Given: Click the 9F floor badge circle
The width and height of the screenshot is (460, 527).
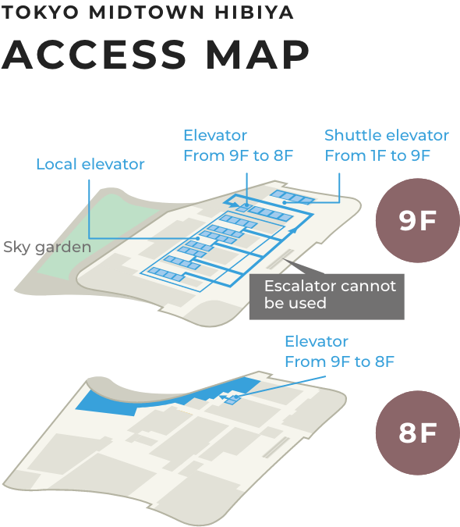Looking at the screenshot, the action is tap(418, 220).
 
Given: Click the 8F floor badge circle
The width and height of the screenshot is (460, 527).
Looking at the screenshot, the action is tap(418, 433).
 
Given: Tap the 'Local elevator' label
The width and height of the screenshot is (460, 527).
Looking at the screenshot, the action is tap(90, 165).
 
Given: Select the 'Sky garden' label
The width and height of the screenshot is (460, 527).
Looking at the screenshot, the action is tap(48, 247).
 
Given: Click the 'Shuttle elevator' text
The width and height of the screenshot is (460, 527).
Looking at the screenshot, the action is tap(387, 135).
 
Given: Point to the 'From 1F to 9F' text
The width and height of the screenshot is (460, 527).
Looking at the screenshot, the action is tap(377, 155).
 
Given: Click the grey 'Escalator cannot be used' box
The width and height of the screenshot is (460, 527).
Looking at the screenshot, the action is tap(327, 297).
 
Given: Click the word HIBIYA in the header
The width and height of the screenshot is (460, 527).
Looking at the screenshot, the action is tap(254, 12).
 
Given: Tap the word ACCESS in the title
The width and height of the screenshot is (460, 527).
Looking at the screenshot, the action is tap(94, 55).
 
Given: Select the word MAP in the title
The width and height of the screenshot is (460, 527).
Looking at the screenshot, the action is tap(257, 55).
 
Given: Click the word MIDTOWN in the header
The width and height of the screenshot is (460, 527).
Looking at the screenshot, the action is tap(147, 12).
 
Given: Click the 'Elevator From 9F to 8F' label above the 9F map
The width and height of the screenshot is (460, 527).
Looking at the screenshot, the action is tap(239, 145).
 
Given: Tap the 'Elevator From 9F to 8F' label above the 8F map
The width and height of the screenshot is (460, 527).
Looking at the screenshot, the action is tap(339, 351).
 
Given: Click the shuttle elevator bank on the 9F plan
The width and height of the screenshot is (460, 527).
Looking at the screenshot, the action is tap(292, 197).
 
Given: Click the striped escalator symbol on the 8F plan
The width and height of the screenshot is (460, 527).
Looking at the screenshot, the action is tap(276, 447).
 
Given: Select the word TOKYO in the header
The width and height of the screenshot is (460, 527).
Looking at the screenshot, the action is tap(40, 12).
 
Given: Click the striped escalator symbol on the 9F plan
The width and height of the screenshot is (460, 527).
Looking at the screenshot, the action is tap(281, 259).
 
